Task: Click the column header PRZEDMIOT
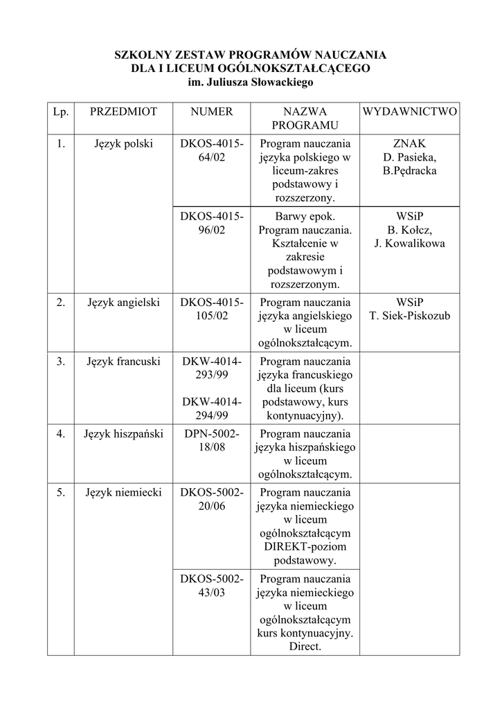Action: [x=124, y=111]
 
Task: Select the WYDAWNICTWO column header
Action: [x=410, y=111]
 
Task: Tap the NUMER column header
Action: [x=212, y=111]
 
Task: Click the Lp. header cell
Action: [x=61, y=111]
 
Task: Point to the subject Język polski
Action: [x=124, y=144]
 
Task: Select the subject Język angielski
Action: [x=124, y=303]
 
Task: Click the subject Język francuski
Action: [x=124, y=361]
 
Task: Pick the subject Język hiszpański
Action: [x=124, y=434]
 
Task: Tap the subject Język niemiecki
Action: [x=124, y=493]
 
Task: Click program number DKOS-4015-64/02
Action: [x=212, y=151]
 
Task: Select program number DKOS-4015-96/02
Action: [x=212, y=223]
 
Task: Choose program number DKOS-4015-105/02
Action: [x=212, y=309]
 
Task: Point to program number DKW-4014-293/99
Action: [x=212, y=368]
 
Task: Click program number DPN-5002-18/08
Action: [x=212, y=440]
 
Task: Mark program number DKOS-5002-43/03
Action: [x=212, y=586]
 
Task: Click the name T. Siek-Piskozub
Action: [x=410, y=316]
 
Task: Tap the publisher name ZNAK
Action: [x=410, y=144]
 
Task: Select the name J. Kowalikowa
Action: [x=410, y=243]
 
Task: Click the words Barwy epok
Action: [x=305, y=216]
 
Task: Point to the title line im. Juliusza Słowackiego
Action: [x=251, y=82]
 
